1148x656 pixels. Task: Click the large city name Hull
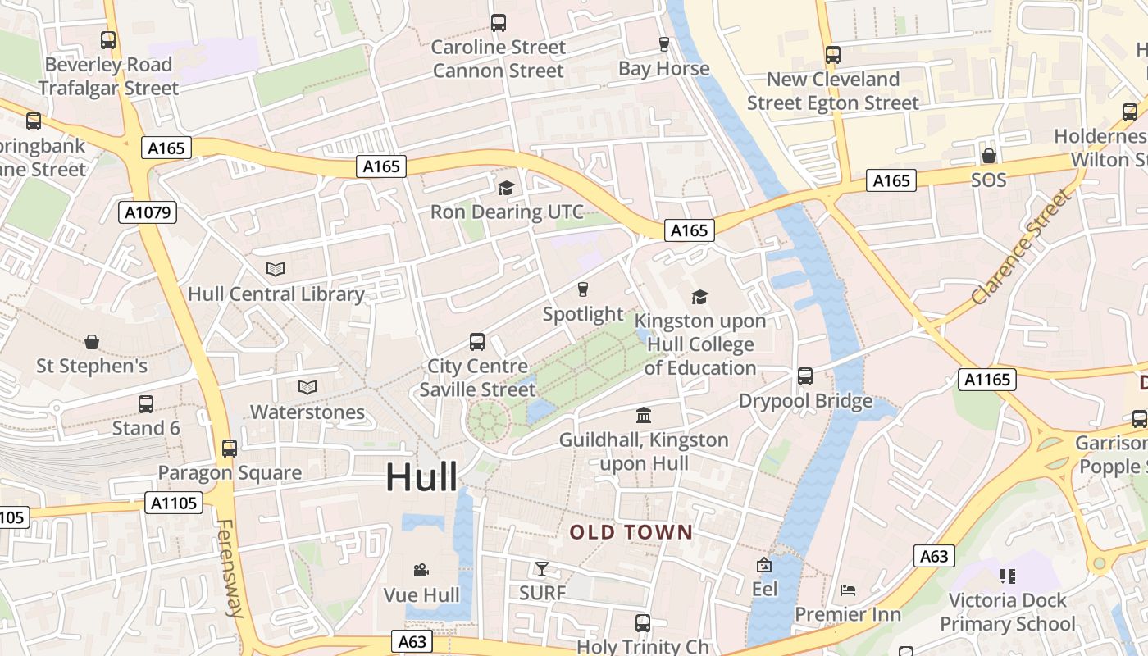pyautogui.click(x=421, y=477)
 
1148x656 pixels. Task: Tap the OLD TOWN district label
pyautogui.click(x=631, y=532)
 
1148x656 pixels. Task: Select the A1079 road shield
pyautogui.click(x=148, y=213)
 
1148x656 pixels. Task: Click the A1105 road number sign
pyautogui.click(x=174, y=503)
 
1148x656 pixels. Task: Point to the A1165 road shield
pyautogui.click(x=987, y=379)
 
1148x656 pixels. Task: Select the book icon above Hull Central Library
pyautogui.click(x=276, y=269)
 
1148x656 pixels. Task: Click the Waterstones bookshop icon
pyautogui.click(x=307, y=387)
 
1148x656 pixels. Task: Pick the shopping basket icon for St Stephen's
pyautogui.click(x=92, y=341)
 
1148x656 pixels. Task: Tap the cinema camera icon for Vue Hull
pyautogui.click(x=421, y=570)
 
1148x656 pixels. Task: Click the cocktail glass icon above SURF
pyautogui.click(x=542, y=568)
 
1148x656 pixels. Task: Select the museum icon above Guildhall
pyautogui.click(x=644, y=415)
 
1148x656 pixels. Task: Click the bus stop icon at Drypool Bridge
pyautogui.click(x=805, y=376)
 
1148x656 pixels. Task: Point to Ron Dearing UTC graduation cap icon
pyautogui.click(x=507, y=188)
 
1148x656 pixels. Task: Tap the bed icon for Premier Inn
pyautogui.click(x=848, y=590)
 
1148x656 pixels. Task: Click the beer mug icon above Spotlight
pyautogui.click(x=583, y=289)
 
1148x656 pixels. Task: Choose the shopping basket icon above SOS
pyautogui.click(x=988, y=156)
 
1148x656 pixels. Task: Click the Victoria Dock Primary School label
pyautogui.click(x=1007, y=612)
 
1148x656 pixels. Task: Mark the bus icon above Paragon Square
pyautogui.click(x=230, y=449)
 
